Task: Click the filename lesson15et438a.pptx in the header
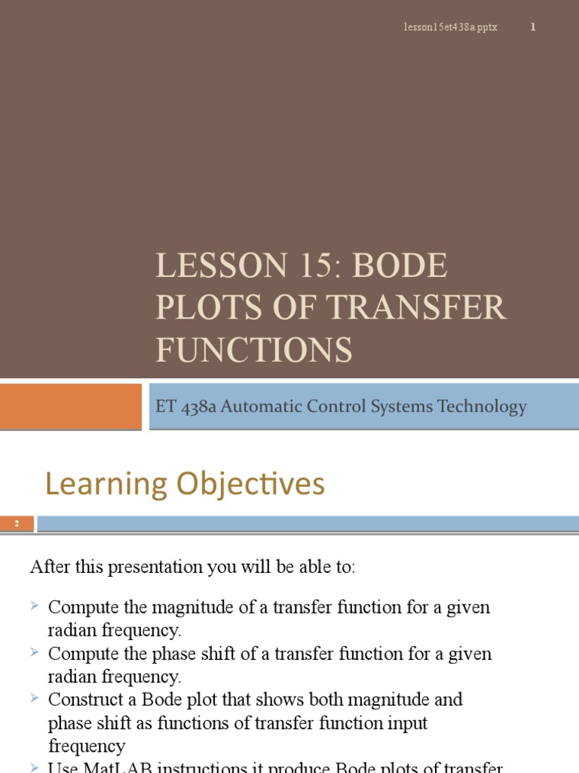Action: click(449, 28)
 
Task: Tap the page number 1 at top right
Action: click(533, 28)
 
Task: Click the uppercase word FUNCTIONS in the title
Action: click(254, 350)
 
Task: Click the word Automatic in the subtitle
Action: click(257, 406)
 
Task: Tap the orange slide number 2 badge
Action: click(17, 524)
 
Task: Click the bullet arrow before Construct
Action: click(35, 698)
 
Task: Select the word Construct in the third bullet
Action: click(84, 700)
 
